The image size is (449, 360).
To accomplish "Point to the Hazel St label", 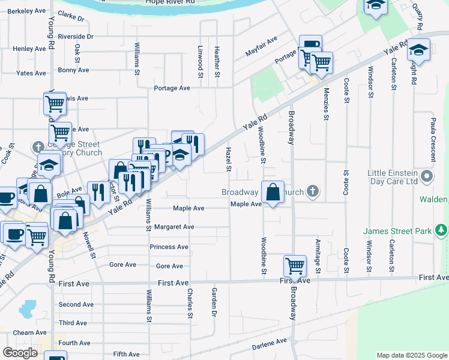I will click(228, 158).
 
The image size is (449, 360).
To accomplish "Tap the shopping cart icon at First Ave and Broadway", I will click(295, 265).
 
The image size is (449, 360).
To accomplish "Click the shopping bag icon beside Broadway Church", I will click(273, 193).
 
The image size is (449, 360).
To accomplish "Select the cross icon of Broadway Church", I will click(312, 193).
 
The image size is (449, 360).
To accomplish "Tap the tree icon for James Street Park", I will click(442, 230).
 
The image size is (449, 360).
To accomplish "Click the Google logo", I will click(20, 352).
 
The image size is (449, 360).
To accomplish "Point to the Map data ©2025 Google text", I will click(411, 355).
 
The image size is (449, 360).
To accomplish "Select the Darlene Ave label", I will click(270, 341).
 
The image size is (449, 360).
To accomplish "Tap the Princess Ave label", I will click(169, 247).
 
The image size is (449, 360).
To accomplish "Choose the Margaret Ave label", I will click(174, 227).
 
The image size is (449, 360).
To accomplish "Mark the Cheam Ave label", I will click(29, 332).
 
